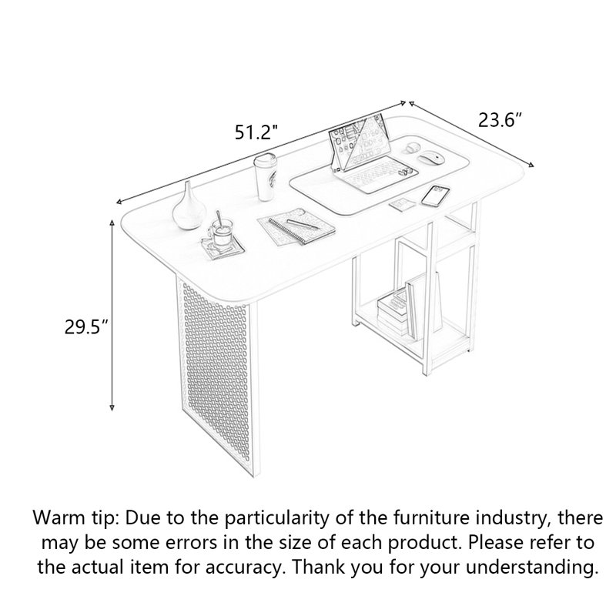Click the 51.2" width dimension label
point(256,132)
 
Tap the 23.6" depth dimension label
point(500,120)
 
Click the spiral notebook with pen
point(296,226)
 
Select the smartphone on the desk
point(435,196)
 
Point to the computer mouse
point(431,159)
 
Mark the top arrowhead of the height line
point(112,223)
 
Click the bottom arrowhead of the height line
point(112,407)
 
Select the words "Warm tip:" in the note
point(75,517)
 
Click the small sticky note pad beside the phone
point(403,204)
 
